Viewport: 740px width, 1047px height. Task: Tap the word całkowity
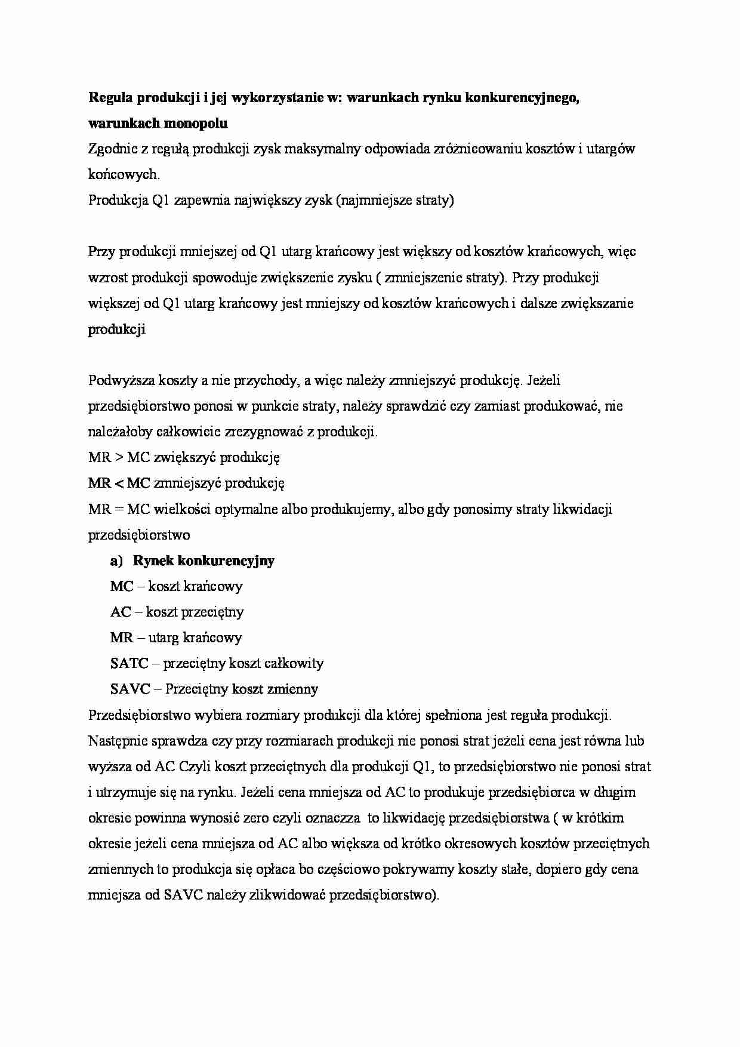pyautogui.click(x=294, y=663)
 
